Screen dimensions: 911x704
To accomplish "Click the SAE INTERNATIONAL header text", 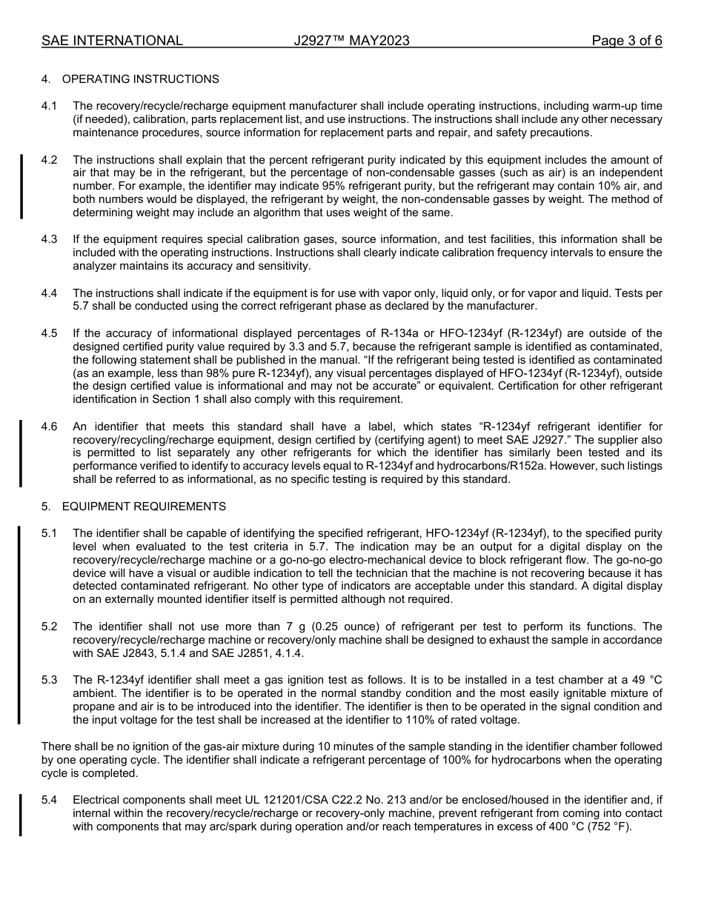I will pos(112,41).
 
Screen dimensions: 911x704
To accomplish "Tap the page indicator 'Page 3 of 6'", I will pos(626,41).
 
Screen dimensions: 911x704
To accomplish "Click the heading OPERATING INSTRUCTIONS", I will pos(140,79).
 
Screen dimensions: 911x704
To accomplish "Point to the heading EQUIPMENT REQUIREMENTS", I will pos(144,507).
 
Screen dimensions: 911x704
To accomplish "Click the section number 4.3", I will pos(50,239).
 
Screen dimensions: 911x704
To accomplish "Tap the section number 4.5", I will pos(50,333).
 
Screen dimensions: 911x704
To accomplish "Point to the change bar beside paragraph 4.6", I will pos(21,453).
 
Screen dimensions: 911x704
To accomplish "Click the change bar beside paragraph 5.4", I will pos(21,814).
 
